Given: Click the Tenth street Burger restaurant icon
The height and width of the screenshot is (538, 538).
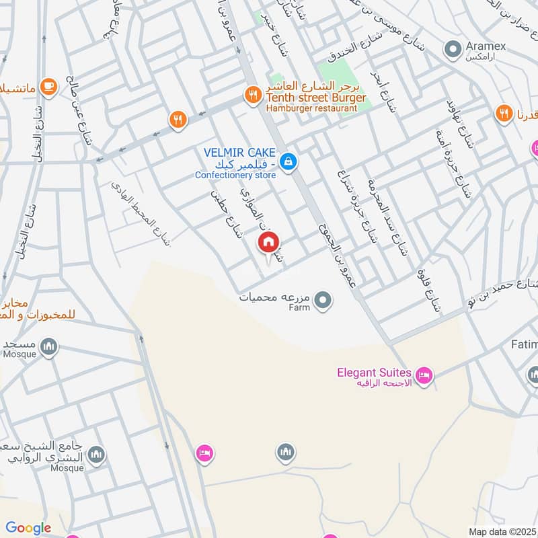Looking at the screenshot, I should [252, 95].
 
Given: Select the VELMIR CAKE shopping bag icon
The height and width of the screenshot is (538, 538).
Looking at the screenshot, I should [289, 161].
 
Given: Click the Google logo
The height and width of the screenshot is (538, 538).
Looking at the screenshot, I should [28, 529].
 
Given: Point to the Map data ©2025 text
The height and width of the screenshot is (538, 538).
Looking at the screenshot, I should [502, 531].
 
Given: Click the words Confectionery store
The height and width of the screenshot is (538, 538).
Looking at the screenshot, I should [235, 176].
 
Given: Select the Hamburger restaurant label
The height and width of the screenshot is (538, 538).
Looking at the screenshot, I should [311, 108].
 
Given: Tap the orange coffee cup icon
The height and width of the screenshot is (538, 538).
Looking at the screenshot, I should [48, 86].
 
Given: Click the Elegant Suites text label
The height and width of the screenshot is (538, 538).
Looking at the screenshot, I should [375, 371].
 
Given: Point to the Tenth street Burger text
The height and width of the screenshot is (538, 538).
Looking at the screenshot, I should [316, 98].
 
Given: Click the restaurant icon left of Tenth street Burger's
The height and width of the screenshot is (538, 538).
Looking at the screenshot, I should [178, 120].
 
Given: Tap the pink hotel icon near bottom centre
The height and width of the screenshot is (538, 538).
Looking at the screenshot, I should [204, 454].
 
